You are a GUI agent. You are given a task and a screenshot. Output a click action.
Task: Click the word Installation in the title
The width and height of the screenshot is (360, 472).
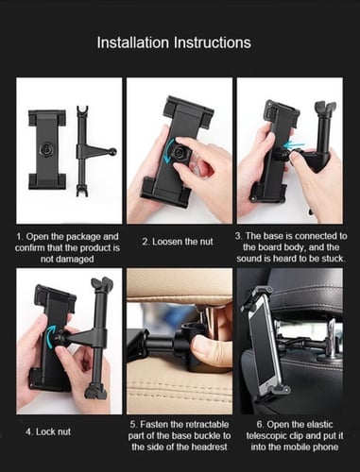133,42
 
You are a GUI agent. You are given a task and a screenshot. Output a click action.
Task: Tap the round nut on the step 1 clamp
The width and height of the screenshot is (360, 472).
47,150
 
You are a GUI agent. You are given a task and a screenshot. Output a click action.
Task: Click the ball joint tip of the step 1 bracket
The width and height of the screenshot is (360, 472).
113,152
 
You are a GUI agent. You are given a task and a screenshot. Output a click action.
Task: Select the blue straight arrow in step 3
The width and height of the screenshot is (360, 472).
294,145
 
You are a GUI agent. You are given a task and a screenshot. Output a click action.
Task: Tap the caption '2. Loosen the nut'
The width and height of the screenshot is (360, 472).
178,242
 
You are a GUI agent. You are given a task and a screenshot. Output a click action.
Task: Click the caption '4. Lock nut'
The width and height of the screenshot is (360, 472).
48,431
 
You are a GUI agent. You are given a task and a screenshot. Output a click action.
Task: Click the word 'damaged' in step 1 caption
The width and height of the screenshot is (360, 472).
67,260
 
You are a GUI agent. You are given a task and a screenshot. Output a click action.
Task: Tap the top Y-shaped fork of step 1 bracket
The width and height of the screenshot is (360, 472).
82,110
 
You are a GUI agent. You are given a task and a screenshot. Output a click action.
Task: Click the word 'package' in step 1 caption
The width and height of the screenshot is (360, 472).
84,237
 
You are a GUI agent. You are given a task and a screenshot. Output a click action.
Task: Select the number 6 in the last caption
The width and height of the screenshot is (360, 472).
259,425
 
